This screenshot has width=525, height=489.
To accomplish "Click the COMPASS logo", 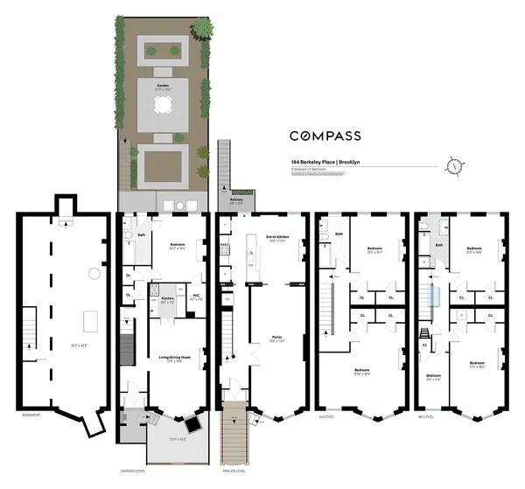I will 339,136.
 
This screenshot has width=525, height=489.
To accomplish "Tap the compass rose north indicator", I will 453,165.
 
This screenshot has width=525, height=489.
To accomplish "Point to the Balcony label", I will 235,199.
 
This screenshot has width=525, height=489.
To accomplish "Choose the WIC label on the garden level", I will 196,295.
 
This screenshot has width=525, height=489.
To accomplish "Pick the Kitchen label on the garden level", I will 167,298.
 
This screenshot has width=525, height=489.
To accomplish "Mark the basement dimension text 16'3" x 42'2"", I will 66,321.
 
